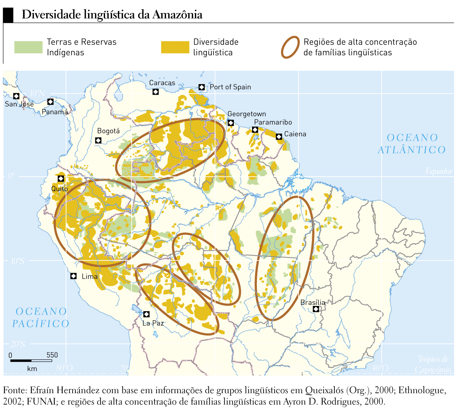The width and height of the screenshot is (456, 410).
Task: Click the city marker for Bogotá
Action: (x=98, y=141)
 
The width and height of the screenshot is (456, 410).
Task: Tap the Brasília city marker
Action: (x=316, y=309)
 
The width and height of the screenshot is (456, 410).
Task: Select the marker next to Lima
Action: (x=73, y=276)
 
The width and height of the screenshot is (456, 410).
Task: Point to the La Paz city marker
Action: (x=147, y=314)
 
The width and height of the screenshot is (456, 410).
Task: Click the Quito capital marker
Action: (x=61, y=179)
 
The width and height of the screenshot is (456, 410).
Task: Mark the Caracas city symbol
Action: (x=156, y=92)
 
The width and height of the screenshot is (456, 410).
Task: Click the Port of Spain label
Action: (x=230, y=87)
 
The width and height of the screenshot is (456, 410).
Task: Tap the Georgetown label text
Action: (x=246, y=114)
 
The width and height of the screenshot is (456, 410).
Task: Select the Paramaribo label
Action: (x=273, y=122)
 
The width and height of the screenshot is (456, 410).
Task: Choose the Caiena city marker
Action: (x=279, y=137)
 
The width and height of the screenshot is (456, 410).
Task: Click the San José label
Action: (x=19, y=104)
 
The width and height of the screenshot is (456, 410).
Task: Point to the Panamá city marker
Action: (x=50, y=102)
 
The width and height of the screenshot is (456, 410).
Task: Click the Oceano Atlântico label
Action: (x=412, y=144)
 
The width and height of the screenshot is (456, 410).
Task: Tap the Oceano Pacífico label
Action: (x=41, y=317)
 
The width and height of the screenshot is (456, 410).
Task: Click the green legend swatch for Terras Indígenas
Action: (x=28, y=47)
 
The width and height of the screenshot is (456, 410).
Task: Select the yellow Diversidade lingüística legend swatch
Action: (x=175, y=47)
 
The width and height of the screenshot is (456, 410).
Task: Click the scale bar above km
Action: (x=31, y=360)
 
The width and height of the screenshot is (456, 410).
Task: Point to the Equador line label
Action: (x=438, y=171)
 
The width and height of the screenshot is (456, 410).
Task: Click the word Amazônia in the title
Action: (x=177, y=15)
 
